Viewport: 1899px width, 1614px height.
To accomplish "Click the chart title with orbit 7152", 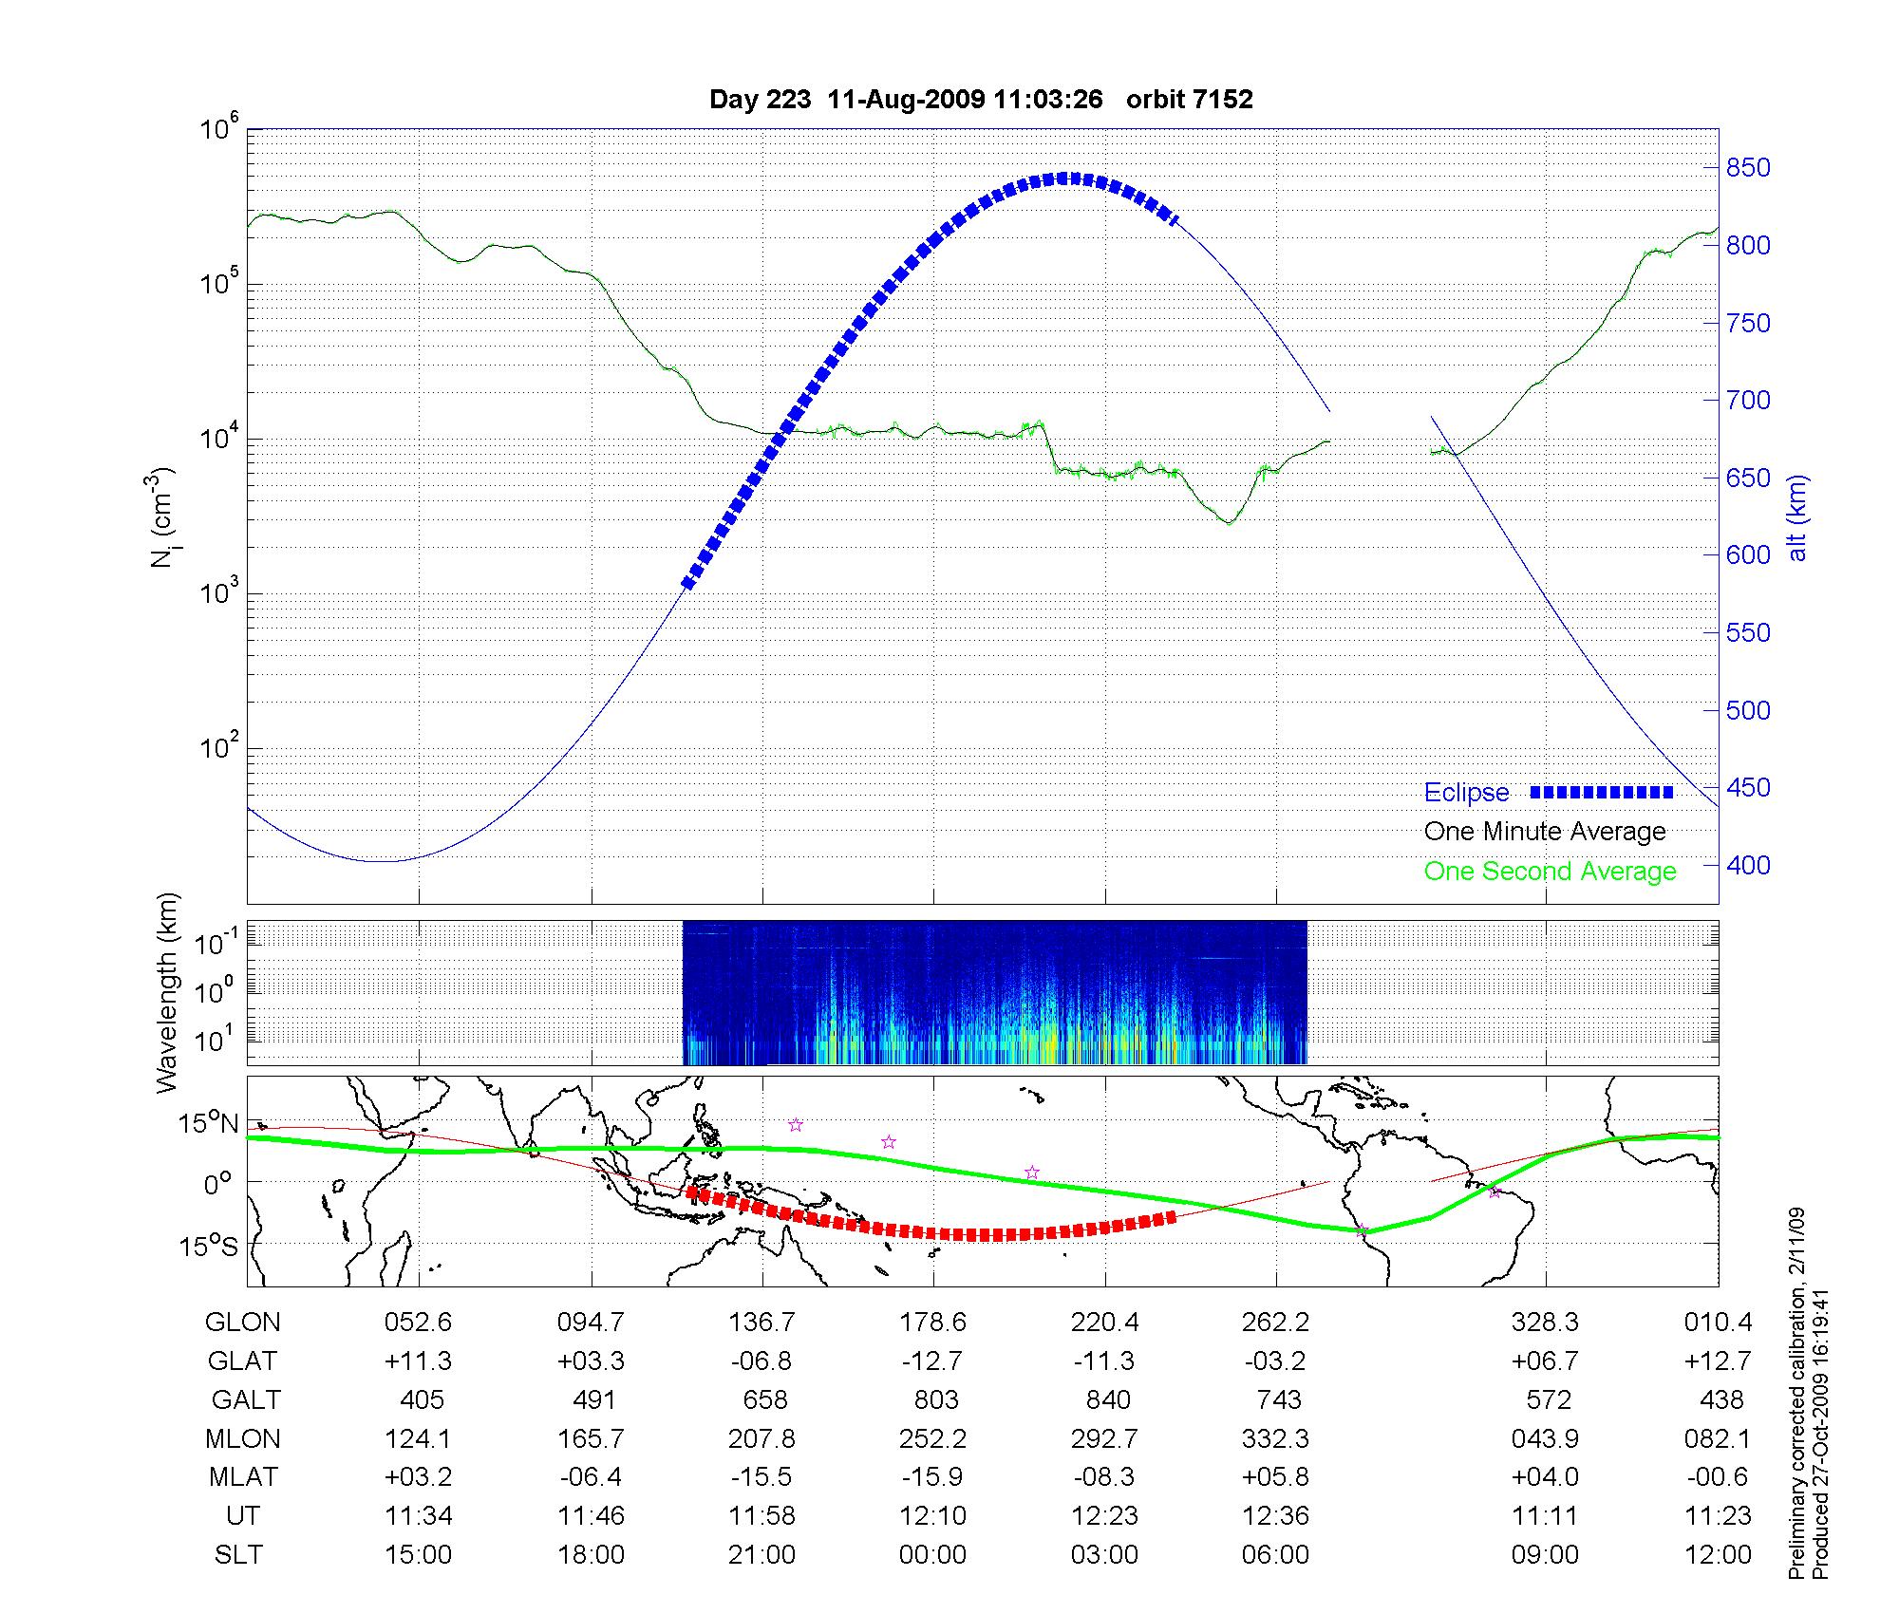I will point(981,100).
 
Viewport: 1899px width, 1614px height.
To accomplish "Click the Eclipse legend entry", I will point(1466,793).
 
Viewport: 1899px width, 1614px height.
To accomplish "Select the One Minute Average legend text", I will point(1545,832).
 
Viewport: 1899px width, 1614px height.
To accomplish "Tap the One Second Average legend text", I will point(1550,872).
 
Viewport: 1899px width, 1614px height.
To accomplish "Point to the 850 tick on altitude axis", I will point(1748,168).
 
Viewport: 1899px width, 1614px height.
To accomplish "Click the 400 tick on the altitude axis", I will point(1748,865).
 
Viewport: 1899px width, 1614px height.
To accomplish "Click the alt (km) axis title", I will point(1797,517).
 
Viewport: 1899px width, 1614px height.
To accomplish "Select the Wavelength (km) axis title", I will point(167,992).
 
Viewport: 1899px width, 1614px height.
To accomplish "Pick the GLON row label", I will point(243,1323).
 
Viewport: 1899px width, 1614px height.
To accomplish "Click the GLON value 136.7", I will point(761,1323).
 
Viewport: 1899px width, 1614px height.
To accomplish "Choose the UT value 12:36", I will point(1275,1516).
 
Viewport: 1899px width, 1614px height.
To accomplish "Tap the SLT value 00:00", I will point(932,1555).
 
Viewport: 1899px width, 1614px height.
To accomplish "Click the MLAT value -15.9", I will point(932,1477).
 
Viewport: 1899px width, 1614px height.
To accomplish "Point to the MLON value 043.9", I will point(1546,1439).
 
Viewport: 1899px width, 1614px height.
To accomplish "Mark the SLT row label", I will point(239,1555).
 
